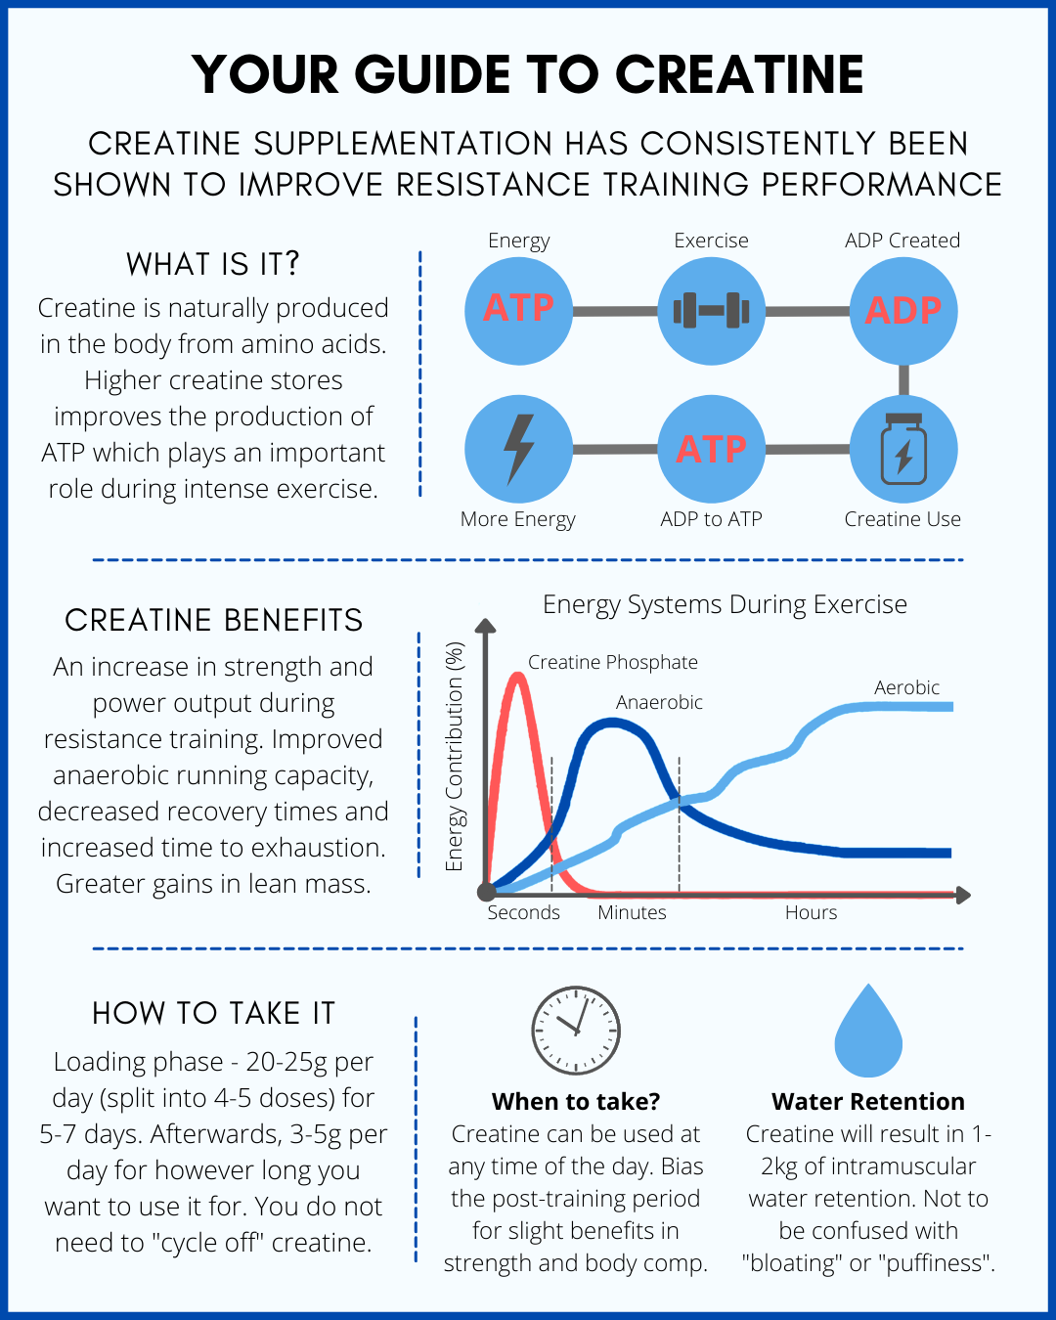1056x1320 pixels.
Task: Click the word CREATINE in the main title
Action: (x=739, y=74)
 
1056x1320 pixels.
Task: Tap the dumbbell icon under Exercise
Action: (x=711, y=311)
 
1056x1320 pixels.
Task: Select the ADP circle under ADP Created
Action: (x=902, y=311)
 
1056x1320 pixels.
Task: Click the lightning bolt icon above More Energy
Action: (x=518, y=449)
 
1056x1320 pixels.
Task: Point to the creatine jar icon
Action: (x=902, y=449)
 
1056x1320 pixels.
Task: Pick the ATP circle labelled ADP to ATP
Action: (x=711, y=449)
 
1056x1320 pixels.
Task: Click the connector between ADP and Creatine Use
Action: (x=903, y=379)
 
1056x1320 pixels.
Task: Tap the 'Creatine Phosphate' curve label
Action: (x=613, y=662)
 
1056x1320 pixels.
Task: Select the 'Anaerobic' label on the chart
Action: (x=659, y=702)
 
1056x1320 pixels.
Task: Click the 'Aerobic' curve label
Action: (x=906, y=687)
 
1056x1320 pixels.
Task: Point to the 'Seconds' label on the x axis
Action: (x=524, y=912)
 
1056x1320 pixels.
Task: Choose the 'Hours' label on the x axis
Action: (x=811, y=912)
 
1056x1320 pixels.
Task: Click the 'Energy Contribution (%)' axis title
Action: (x=454, y=756)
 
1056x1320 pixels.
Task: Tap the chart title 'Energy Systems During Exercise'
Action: (x=725, y=604)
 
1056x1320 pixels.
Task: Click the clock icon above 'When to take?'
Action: (x=576, y=1031)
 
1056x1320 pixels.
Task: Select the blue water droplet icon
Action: (x=868, y=1033)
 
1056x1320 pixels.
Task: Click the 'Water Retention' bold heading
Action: (x=868, y=1102)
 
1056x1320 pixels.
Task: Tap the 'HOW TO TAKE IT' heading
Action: (x=213, y=1013)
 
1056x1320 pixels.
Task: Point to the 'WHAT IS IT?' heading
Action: (x=213, y=264)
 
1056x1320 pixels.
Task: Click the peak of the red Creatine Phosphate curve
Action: (x=516, y=675)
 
